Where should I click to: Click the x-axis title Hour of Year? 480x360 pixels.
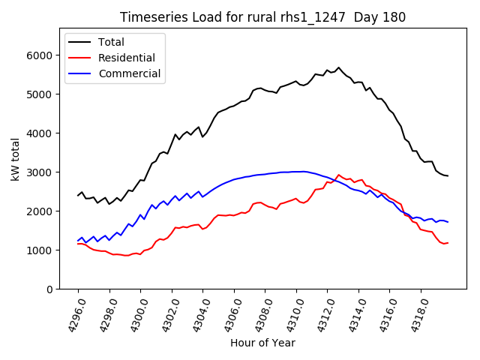pyautogui.click(x=262, y=343)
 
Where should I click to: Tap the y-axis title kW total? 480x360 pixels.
pyautogui.click(x=15, y=160)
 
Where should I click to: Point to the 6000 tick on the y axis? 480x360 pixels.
pyautogui.click(x=39, y=55)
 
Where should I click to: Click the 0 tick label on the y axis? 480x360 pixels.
pyautogui.click(x=49, y=289)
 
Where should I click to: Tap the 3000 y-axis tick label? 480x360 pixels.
pyautogui.click(x=39, y=172)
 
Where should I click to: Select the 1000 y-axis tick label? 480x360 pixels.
pyautogui.click(x=39, y=250)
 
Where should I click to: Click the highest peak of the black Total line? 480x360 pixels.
pyautogui.click(x=338, y=67)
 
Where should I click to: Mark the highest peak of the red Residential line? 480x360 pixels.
pyautogui.click(x=338, y=175)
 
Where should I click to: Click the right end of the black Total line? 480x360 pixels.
pyautogui.click(x=448, y=176)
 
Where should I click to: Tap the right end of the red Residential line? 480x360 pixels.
pyautogui.click(x=448, y=242)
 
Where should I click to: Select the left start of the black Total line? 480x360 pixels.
pyautogui.click(x=78, y=196)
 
